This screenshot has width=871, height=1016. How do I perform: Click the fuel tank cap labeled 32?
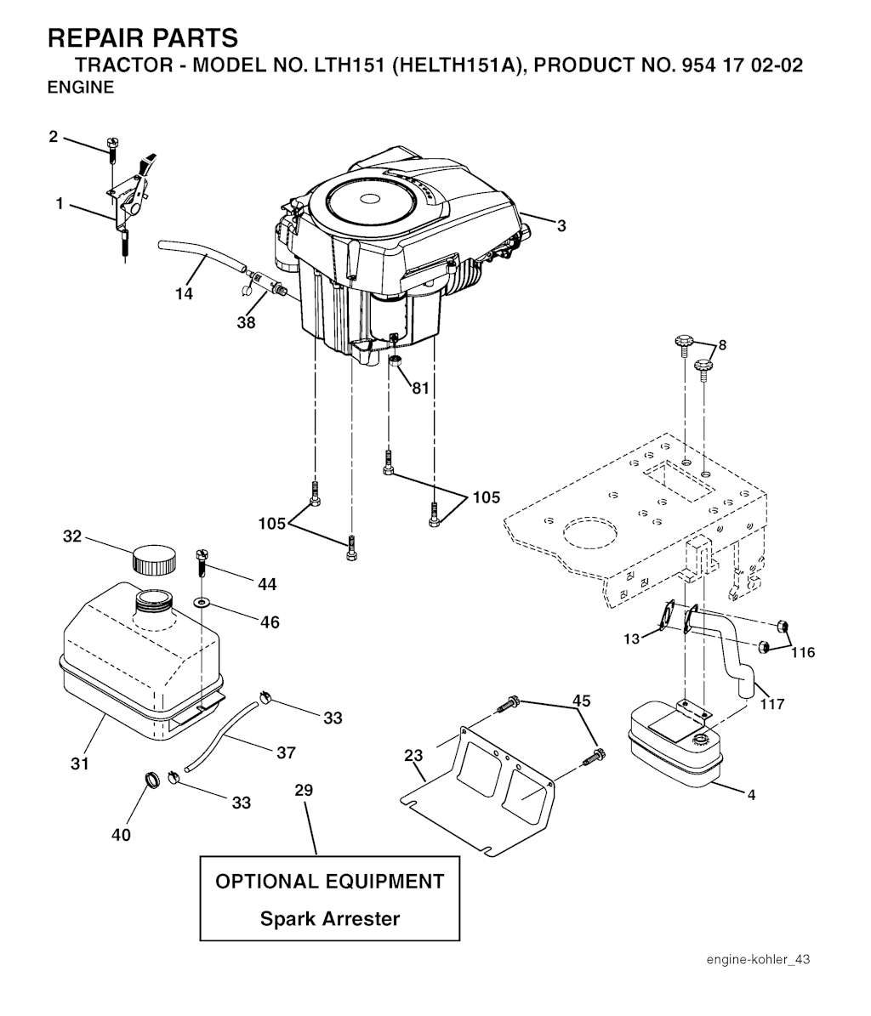tap(154, 559)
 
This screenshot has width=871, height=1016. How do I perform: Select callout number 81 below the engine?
tap(420, 389)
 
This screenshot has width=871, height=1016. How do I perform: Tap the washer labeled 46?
tap(203, 604)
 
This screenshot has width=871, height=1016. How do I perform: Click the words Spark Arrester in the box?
tap(330, 919)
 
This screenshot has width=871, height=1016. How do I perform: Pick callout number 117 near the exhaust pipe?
tap(771, 704)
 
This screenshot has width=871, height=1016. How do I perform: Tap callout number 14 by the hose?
tap(184, 294)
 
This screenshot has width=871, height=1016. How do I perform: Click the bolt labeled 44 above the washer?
tap(201, 565)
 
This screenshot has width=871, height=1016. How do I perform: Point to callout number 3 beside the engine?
tap(561, 225)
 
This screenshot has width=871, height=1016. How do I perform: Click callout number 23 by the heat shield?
tap(413, 755)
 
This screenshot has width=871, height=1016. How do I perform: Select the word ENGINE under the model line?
tap(81, 88)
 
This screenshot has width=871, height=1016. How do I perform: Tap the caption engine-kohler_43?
tap(758, 960)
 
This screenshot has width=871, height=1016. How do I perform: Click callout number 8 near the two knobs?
tap(723, 344)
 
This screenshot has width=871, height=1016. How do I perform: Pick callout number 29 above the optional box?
tap(304, 791)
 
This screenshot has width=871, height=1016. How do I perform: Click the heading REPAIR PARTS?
tap(143, 38)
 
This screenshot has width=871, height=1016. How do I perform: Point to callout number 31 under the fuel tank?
tap(80, 764)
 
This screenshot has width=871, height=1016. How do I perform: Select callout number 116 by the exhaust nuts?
tap(803, 652)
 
